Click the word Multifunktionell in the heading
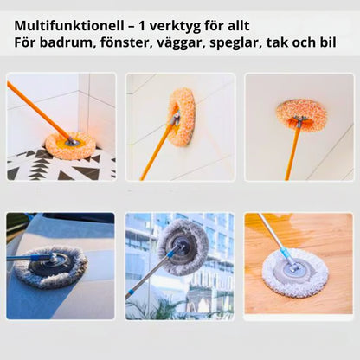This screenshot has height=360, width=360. click(x=69, y=26)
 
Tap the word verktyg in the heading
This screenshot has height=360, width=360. click(x=177, y=27)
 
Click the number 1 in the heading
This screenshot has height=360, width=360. click(x=142, y=26)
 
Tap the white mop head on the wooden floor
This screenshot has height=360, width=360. click(x=295, y=273)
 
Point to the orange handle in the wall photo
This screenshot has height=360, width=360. click(x=155, y=151)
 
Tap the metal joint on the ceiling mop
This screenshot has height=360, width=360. click(x=300, y=121)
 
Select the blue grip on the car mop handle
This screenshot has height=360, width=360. click(x=37, y=258)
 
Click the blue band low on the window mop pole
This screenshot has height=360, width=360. click(x=131, y=292)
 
